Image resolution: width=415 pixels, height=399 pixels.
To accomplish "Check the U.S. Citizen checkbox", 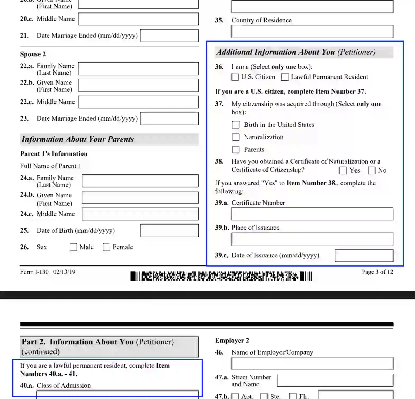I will click(x=235, y=77).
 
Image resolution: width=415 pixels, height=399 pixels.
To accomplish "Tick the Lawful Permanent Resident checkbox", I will click(x=285, y=77).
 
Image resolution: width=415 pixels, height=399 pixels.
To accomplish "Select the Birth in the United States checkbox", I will click(x=236, y=125).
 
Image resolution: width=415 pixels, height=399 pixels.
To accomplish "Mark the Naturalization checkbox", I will click(x=236, y=137).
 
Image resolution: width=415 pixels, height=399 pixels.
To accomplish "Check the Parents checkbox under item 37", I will click(x=236, y=149).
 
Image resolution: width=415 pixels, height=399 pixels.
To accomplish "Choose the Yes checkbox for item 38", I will click(x=343, y=170).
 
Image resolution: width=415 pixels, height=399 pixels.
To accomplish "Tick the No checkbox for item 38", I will click(x=372, y=170).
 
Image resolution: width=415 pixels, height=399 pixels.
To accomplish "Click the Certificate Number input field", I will click(x=312, y=214).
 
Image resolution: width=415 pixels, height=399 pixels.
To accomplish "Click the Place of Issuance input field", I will click(x=312, y=239).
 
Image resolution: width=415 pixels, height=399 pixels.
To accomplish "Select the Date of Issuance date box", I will click(x=364, y=255).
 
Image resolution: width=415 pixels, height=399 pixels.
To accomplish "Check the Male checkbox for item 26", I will click(x=73, y=247).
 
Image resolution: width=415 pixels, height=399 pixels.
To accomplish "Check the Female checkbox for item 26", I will click(x=107, y=247).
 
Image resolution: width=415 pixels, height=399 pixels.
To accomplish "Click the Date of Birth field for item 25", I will click(x=169, y=230).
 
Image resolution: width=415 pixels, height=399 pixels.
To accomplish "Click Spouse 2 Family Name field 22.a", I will click(x=138, y=69).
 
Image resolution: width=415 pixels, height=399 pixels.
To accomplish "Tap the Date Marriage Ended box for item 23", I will click(x=169, y=119).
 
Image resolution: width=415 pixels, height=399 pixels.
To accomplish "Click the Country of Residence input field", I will click(x=312, y=31).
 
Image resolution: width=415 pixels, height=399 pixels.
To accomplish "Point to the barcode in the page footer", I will click(x=221, y=276).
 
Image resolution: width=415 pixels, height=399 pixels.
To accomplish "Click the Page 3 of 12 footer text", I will click(x=377, y=272).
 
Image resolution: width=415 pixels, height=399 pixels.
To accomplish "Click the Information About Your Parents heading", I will click(x=78, y=139).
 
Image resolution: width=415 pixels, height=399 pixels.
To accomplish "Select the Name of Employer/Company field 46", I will click(x=312, y=363).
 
